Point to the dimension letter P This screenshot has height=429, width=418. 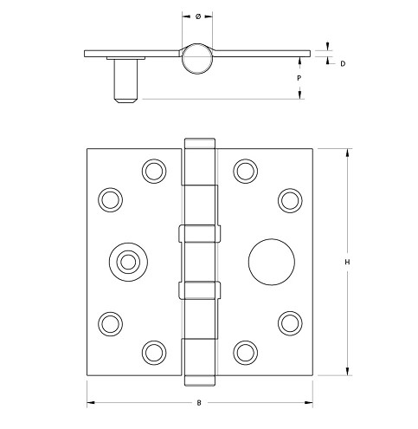(299, 78)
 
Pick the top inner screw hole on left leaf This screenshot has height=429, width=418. (155, 169)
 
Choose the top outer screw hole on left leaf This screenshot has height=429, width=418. (109, 198)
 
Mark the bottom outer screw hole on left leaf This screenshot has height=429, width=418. (109, 322)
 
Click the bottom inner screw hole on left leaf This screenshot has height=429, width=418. (155, 351)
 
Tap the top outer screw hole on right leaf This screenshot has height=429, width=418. (288, 198)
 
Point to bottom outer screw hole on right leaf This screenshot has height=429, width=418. (288, 322)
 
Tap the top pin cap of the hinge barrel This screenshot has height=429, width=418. (199, 142)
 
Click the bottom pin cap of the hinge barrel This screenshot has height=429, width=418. (199, 379)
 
